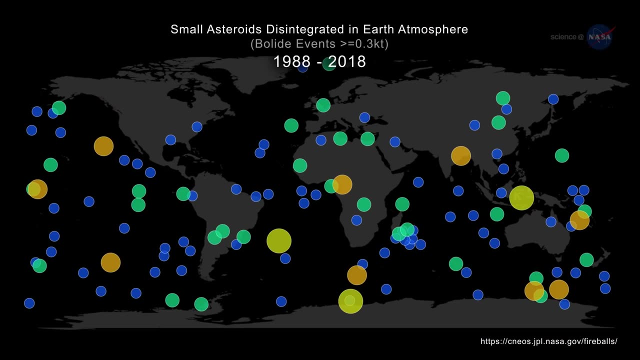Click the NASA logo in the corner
pos(600,37)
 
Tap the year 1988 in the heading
pos(291,61)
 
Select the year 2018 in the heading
pos(347,61)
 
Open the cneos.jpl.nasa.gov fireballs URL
pos(549,341)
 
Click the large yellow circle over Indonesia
pos(521,197)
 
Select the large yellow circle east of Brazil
pos(279,241)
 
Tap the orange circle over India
pos(461,156)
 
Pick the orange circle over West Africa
pos(342,184)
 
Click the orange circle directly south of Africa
pos(356,275)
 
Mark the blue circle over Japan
pos(553,99)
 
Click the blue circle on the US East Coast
pos(197,127)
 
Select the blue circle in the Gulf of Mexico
pos(170,139)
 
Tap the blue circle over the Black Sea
pos(364,117)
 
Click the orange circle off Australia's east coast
pos(579,220)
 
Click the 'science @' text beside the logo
pos(567,37)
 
